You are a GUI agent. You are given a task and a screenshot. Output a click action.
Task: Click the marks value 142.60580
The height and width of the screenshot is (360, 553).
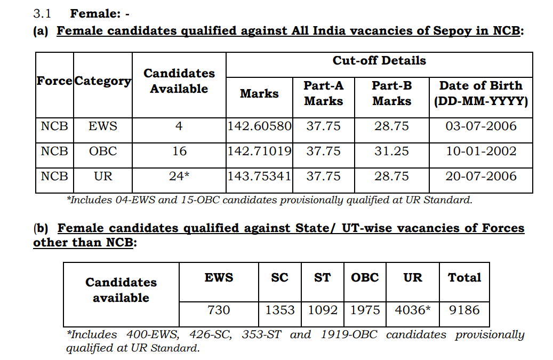pyautogui.click(x=260, y=126)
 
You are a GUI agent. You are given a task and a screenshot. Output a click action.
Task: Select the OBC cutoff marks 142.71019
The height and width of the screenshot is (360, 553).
pyautogui.click(x=260, y=151)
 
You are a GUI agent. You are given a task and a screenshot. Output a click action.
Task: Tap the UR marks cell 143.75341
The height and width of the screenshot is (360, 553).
pyautogui.click(x=260, y=176)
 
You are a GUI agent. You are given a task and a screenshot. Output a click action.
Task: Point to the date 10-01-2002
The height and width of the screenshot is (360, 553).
pyautogui.click(x=481, y=151)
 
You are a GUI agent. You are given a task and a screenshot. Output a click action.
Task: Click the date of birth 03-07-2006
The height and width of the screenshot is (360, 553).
pyautogui.click(x=481, y=126)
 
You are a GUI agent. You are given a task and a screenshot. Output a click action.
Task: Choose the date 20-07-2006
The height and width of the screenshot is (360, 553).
pyautogui.click(x=481, y=176)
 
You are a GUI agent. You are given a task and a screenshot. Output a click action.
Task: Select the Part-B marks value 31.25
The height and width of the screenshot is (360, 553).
pyautogui.click(x=391, y=151)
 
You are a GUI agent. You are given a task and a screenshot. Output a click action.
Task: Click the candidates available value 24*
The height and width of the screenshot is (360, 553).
pyautogui.click(x=179, y=176)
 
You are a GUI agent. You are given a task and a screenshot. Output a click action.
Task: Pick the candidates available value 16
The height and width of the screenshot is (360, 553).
pyautogui.click(x=179, y=151)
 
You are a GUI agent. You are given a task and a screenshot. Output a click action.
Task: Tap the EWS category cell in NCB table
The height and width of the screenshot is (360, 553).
pyautogui.click(x=103, y=126)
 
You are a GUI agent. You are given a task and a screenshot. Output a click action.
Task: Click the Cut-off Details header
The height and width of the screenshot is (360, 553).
pyautogui.click(x=379, y=61)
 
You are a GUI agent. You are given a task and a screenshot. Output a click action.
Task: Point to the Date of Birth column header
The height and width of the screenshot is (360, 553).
pyautogui.click(x=481, y=93)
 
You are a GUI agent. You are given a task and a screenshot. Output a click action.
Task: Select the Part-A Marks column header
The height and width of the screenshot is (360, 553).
pyautogui.click(x=324, y=93)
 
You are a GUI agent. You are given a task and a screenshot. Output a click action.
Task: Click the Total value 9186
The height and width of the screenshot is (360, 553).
pyautogui.click(x=464, y=310)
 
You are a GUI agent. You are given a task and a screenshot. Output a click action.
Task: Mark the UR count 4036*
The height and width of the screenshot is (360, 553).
pyautogui.click(x=413, y=310)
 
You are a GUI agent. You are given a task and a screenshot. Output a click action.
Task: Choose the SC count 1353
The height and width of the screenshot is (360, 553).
pyautogui.click(x=280, y=310)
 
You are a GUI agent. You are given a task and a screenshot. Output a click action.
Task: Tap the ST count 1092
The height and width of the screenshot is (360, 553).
pyautogui.click(x=323, y=310)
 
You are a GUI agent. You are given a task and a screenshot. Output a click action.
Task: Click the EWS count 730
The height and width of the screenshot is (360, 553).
pyautogui.click(x=219, y=310)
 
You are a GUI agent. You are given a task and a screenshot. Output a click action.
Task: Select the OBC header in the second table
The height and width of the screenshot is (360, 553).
pyautogui.click(x=365, y=278)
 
